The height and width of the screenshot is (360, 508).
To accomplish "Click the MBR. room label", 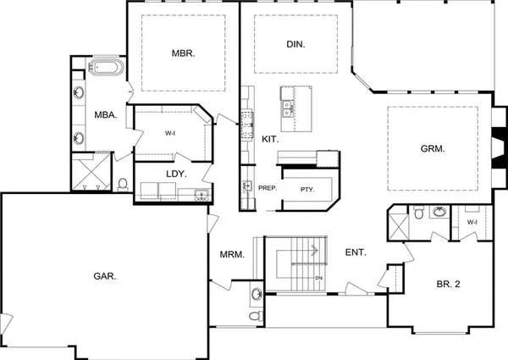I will (184, 53).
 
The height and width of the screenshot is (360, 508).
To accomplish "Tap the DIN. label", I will (295, 44).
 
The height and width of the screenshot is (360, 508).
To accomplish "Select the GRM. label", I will (433, 148).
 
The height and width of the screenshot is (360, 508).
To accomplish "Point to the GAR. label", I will (105, 275).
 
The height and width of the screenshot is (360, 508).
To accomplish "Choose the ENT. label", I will (356, 252).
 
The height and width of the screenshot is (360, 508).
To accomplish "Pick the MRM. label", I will (232, 254).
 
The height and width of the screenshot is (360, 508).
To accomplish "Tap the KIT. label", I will (271, 138).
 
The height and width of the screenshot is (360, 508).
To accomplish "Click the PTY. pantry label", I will (306, 190).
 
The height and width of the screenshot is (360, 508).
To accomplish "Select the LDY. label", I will (175, 174).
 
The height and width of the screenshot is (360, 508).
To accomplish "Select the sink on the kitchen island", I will (288, 108).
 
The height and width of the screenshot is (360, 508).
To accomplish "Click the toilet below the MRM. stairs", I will (257, 315).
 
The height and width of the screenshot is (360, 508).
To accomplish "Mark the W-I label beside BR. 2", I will (472, 222).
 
